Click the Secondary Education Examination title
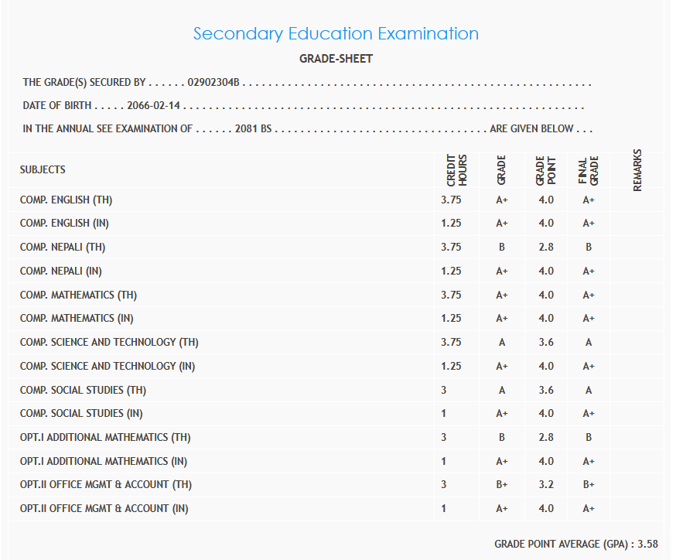336,34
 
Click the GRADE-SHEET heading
336,59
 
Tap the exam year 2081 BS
253,128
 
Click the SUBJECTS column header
43,169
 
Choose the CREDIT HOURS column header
457,169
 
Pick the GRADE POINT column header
546,169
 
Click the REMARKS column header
637,169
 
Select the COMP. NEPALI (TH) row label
63,248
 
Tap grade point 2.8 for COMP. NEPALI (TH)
546,248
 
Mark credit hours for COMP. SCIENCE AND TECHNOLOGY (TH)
451,342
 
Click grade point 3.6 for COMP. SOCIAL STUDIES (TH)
546,390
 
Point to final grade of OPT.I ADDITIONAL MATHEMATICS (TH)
589,438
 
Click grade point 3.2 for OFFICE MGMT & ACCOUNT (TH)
546,485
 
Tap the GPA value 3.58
647,545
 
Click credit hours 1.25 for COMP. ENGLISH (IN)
451,224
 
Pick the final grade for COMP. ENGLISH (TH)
589,200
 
